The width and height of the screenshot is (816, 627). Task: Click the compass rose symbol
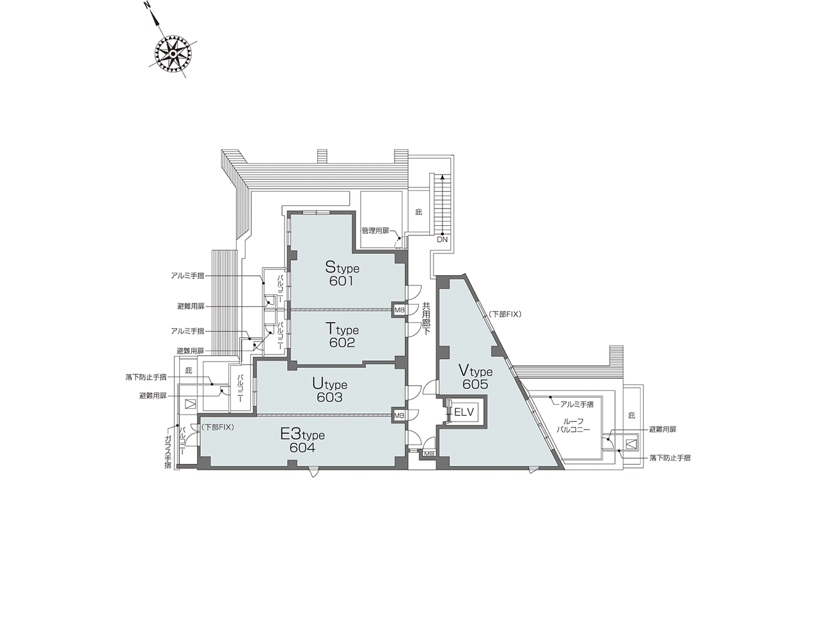click(172, 55)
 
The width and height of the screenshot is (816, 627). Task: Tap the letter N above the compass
click(146, 6)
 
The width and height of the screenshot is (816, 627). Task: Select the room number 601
click(341, 281)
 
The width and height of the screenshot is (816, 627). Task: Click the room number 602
click(342, 343)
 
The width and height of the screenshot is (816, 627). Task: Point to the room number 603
click(329, 397)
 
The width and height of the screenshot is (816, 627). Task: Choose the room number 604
click(302, 448)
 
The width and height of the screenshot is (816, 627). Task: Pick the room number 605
click(475, 385)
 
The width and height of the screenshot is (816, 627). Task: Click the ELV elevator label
click(464, 412)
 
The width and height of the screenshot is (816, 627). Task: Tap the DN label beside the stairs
click(443, 240)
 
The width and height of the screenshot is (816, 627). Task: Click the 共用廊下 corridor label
click(426, 319)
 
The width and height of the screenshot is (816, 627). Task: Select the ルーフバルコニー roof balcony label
click(572, 425)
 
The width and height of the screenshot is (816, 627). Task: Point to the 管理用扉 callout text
click(375, 231)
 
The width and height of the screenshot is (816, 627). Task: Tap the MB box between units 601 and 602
click(399, 310)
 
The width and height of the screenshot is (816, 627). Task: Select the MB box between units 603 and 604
click(399, 416)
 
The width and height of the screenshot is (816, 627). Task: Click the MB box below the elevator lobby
click(428, 454)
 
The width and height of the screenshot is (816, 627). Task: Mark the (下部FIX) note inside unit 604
click(217, 427)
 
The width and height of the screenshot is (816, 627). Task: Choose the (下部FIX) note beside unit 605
click(505, 314)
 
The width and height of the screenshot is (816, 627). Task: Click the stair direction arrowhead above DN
click(443, 177)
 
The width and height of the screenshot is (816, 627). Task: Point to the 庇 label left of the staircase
click(419, 212)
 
